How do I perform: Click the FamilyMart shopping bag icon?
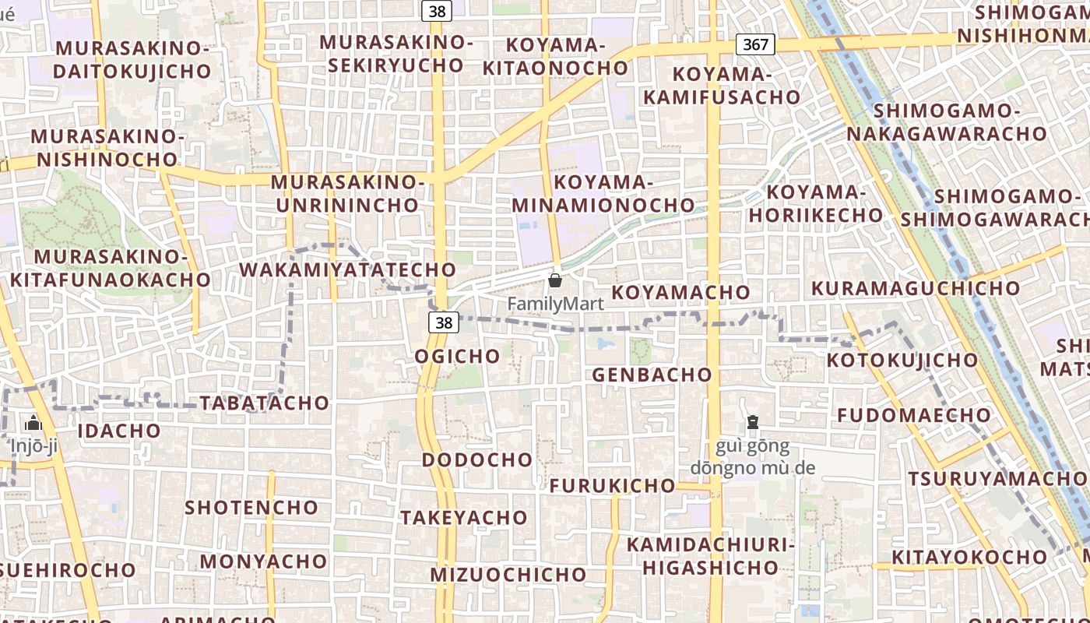(x=555, y=280)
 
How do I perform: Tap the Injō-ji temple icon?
(x=33, y=424)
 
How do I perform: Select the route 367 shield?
(x=755, y=44)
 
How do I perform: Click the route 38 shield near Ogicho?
(x=444, y=322)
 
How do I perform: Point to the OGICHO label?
(x=458, y=356)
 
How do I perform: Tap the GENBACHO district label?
(x=652, y=375)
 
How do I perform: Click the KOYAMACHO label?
(x=680, y=292)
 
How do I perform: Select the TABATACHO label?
(x=265, y=403)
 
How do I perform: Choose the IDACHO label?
(x=120, y=431)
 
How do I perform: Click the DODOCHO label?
(x=477, y=459)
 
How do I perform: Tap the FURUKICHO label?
(x=613, y=486)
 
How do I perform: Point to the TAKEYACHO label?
(x=464, y=517)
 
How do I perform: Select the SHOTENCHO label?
(x=251, y=508)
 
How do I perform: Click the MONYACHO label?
(x=264, y=561)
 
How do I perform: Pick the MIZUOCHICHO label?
(x=508, y=575)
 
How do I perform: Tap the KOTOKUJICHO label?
(x=902, y=360)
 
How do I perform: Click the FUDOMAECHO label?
(x=914, y=415)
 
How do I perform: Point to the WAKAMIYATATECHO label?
(x=347, y=269)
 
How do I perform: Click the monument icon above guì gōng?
(x=753, y=423)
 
